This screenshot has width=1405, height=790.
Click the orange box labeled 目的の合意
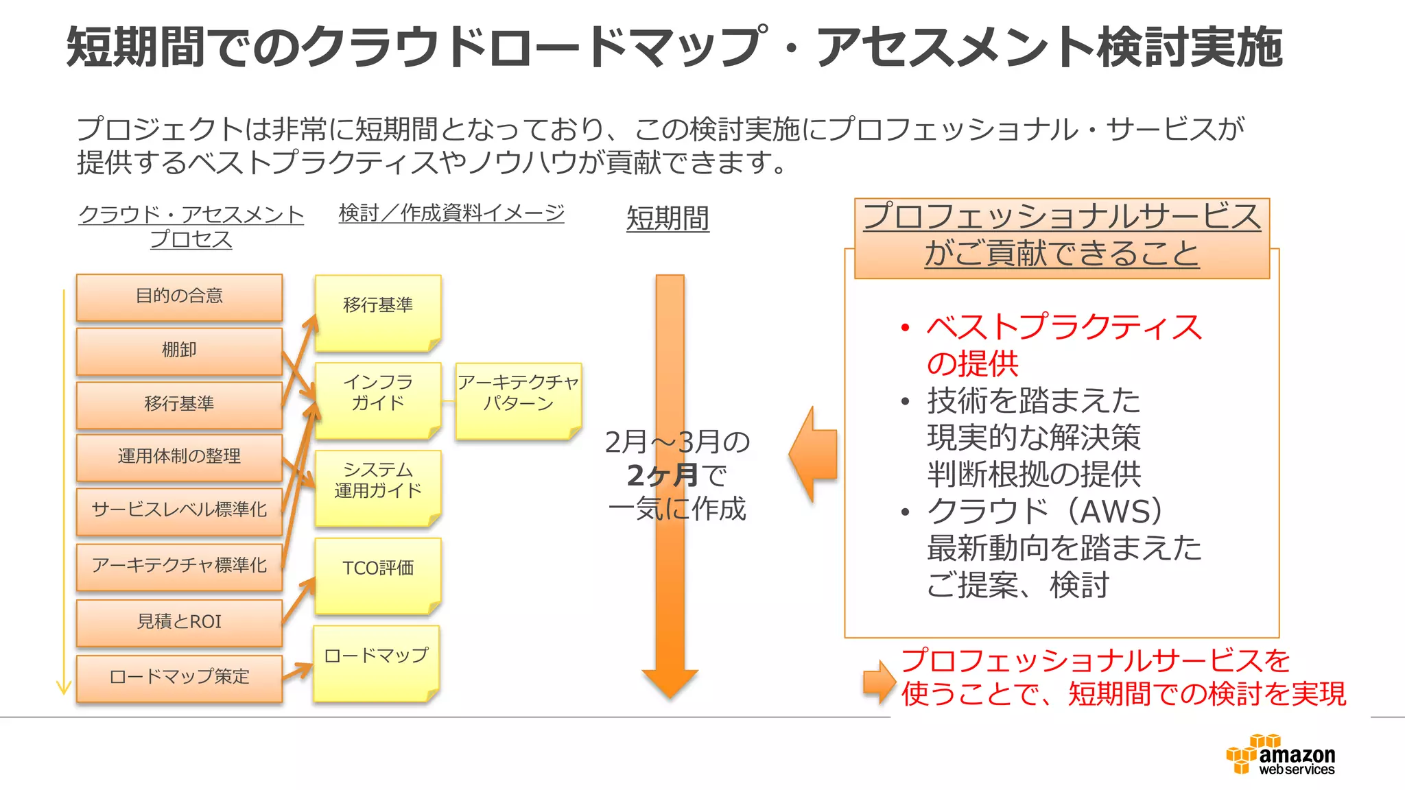coord(179,296)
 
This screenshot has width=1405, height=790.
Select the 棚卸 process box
coord(179,350)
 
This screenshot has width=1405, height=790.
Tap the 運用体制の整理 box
coord(179,457)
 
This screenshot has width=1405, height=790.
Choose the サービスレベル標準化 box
coord(179,510)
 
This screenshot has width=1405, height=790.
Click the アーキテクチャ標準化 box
coord(179,566)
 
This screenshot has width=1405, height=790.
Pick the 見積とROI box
coord(179,622)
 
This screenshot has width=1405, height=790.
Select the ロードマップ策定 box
coord(179,677)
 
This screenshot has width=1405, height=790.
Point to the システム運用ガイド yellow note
coord(377,487)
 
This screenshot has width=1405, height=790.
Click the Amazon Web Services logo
coord(1281,754)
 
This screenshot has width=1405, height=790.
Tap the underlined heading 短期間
coord(668,219)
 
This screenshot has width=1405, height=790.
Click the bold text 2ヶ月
coord(662,475)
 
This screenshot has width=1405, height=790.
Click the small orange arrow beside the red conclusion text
coord(878,680)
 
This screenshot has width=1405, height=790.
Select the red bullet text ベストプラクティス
coord(1063,327)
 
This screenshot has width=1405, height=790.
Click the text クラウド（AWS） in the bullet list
coord(1045,512)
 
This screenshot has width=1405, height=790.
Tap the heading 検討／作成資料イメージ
coord(451,213)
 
